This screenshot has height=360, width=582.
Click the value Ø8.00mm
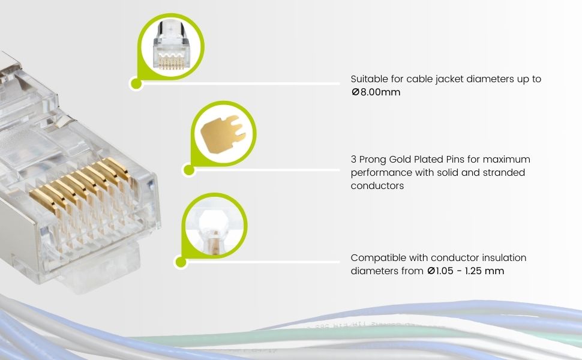coord(376,92)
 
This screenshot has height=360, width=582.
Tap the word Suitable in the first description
coord(369,79)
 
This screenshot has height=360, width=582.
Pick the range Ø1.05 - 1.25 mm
coord(465,271)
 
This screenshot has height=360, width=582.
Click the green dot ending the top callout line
coord(136,83)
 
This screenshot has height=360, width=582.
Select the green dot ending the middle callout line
coord(189,170)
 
